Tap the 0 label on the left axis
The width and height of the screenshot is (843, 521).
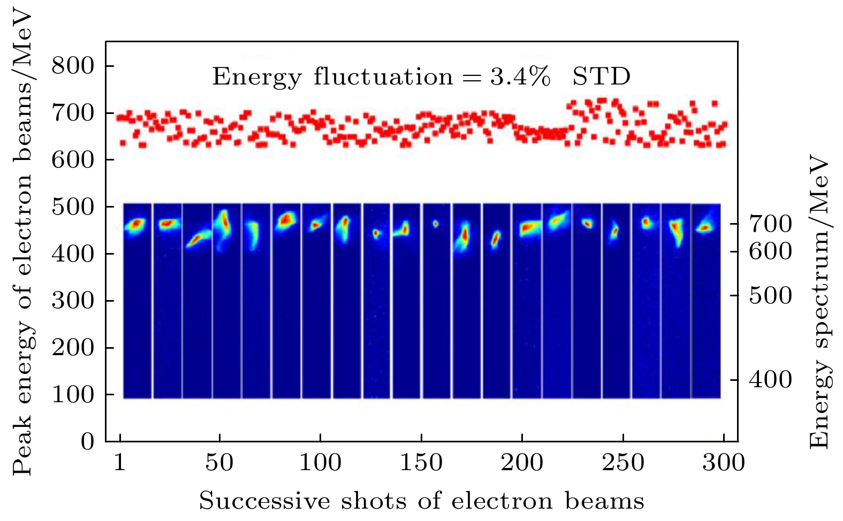[x=87, y=442]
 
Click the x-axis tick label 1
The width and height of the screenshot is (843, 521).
[x=120, y=462]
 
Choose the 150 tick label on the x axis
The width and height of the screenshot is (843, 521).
[x=421, y=462]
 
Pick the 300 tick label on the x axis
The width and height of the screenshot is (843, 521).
[x=724, y=462]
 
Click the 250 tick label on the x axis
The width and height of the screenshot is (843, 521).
[x=623, y=462]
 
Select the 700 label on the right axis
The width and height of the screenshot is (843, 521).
[x=770, y=224]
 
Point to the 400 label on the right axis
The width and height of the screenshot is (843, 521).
[x=770, y=380]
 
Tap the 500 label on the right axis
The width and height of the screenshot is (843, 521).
[x=770, y=295]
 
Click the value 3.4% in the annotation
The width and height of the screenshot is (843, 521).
[x=520, y=77]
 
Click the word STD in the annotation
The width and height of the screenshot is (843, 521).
[x=601, y=77]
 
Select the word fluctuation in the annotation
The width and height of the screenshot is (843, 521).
[x=383, y=77]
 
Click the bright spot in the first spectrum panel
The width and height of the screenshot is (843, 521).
[x=136, y=224]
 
